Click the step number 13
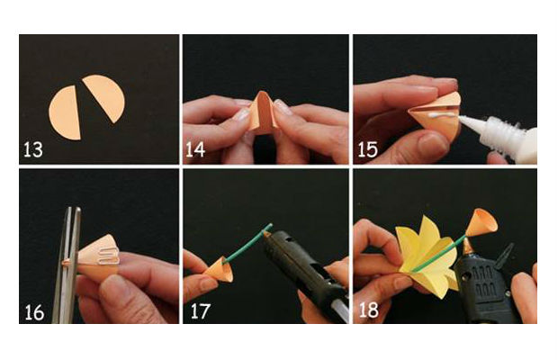click(x=33, y=149)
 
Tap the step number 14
click(x=195, y=149)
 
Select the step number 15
click(x=367, y=149)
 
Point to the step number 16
click(x=34, y=312)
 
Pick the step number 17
click(x=201, y=311)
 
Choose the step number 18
click(x=369, y=310)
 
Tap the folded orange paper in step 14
click(x=264, y=113)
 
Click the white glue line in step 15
click(x=442, y=115)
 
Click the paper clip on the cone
click(x=110, y=257)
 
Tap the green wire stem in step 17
click(x=247, y=243)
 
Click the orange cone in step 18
click(x=481, y=222)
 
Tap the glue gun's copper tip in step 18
click(x=467, y=247)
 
